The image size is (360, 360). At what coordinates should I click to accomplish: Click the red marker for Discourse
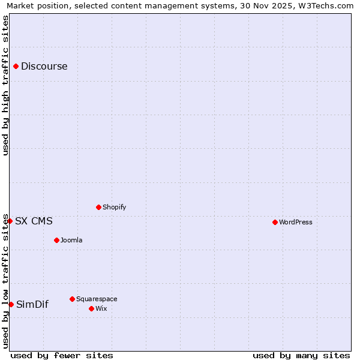(16, 67)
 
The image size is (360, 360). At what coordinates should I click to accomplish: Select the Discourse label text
(44, 67)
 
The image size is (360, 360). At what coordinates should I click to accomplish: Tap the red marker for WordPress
(275, 222)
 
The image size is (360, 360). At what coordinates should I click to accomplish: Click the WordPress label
(295, 223)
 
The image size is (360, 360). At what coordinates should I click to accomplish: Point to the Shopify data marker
(98, 207)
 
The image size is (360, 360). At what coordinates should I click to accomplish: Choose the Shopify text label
(114, 208)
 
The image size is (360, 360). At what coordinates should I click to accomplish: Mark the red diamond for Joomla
(56, 240)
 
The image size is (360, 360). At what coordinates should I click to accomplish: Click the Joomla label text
(71, 241)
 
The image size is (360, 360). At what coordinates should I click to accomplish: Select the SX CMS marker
(10, 221)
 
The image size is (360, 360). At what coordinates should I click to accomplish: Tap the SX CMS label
(34, 221)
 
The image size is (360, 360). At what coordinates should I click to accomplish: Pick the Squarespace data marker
(72, 299)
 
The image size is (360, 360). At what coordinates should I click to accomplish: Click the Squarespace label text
(97, 299)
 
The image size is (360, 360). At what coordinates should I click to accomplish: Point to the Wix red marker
(91, 308)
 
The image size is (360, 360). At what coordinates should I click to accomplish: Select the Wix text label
(101, 309)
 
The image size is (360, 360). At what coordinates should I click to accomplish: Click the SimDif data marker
(11, 304)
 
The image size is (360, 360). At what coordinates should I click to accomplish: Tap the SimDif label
(32, 305)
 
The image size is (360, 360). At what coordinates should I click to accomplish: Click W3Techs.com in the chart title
(325, 5)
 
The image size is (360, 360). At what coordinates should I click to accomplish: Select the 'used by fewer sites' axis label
(62, 355)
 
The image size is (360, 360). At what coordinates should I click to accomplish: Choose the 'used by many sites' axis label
(301, 355)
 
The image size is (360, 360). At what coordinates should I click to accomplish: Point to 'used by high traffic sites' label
(5, 85)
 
